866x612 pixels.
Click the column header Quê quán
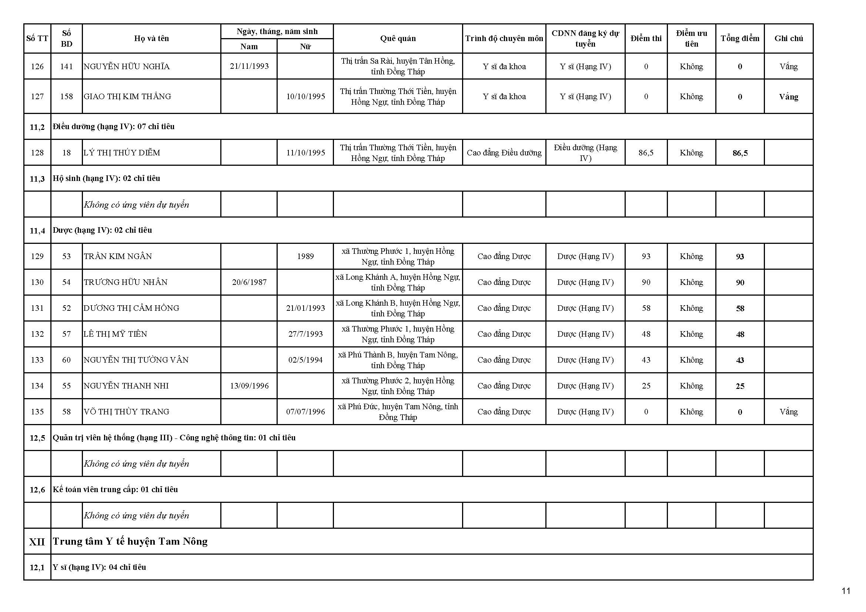(x=398, y=38)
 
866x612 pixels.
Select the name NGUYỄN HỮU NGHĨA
(x=127, y=67)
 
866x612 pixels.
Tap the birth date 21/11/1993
(x=249, y=66)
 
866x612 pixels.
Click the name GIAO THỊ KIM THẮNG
(x=127, y=97)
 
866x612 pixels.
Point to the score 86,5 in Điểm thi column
(x=646, y=152)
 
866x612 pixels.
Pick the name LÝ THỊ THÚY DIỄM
(x=122, y=152)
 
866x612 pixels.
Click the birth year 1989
(x=305, y=256)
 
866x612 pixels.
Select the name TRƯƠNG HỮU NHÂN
(x=126, y=282)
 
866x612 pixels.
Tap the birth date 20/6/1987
(x=249, y=282)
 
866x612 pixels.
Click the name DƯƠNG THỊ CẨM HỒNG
(x=131, y=308)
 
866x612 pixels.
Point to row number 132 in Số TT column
(x=37, y=334)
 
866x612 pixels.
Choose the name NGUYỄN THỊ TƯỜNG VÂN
(x=136, y=360)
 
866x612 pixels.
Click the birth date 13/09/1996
(x=249, y=386)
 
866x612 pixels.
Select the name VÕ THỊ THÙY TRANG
(x=126, y=412)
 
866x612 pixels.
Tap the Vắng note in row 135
(x=788, y=412)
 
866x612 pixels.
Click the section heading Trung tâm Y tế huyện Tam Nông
(x=130, y=542)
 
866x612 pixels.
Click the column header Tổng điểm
(x=740, y=38)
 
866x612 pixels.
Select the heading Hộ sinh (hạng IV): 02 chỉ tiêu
(x=106, y=178)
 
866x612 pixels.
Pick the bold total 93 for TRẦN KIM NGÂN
(x=740, y=257)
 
